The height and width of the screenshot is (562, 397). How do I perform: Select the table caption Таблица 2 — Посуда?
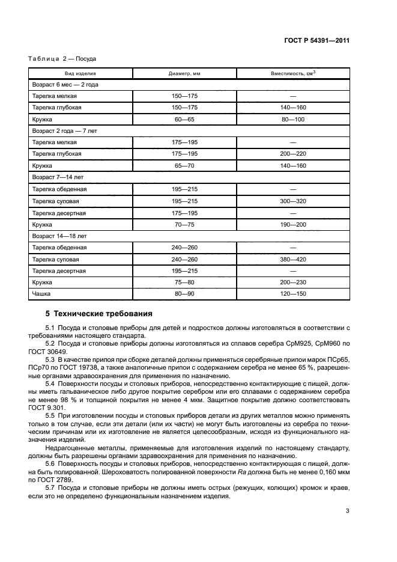pos(62,59)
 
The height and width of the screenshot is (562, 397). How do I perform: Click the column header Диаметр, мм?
pos(184,73)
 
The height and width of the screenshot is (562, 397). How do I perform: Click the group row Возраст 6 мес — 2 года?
pos(65,85)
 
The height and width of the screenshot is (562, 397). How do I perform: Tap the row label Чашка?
pos(41,294)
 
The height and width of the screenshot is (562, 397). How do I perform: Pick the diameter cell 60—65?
pos(184,120)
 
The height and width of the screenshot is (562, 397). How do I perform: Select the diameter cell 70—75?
pos(184,224)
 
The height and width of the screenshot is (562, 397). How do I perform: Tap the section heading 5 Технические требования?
pos(99,314)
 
